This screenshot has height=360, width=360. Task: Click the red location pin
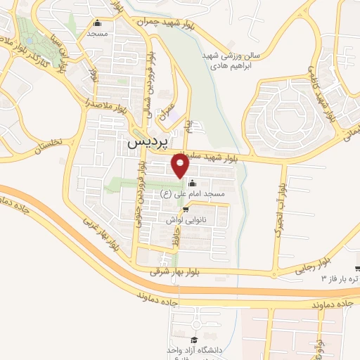pyautogui.click(x=180, y=166)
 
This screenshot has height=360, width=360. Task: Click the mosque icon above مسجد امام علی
pyautogui.click(x=193, y=184)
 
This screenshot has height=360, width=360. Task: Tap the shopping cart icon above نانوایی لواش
pyautogui.click(x=186, y=210)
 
